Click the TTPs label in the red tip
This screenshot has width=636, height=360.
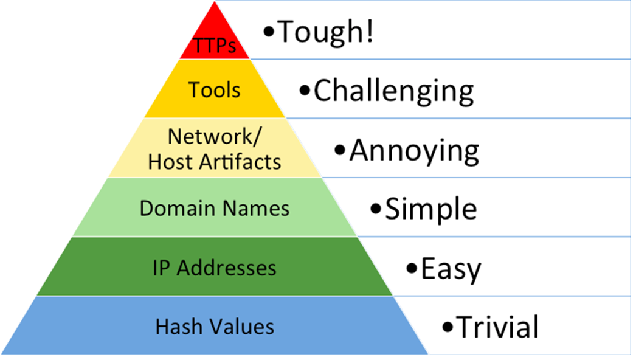(x=215, y=45)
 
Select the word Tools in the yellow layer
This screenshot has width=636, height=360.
(x=214, y=89)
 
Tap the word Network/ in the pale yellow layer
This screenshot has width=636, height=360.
(x=215, y=136)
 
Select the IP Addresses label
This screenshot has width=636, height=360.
(x=215, y=268)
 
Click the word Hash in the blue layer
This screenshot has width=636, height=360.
(x=175, y=327)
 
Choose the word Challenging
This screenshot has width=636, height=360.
(x=393, y=92)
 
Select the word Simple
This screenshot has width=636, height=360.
(x=430, y=209)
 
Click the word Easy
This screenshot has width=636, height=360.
(x=451, y=269)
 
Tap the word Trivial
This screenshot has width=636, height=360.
(x=498, y=327)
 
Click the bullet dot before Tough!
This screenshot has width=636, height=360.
(x=269, y=31)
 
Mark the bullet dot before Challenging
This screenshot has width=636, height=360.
(x=304, y=91)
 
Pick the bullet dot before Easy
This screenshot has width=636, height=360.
(x=412, y=268)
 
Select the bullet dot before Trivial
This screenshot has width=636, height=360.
(x=448, y=327)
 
